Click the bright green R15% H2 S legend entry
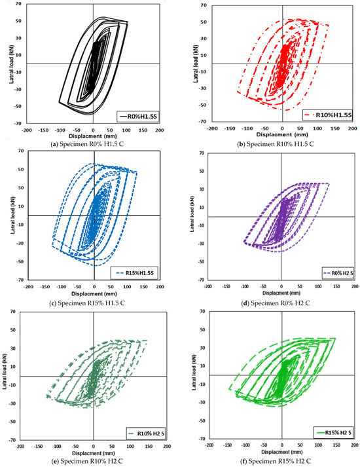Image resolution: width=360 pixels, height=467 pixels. pyautogui.click(x=333, y=433)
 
